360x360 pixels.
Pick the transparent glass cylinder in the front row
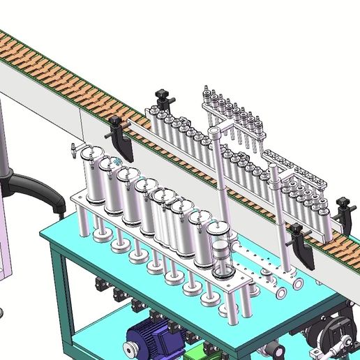[x=223, y=261]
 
